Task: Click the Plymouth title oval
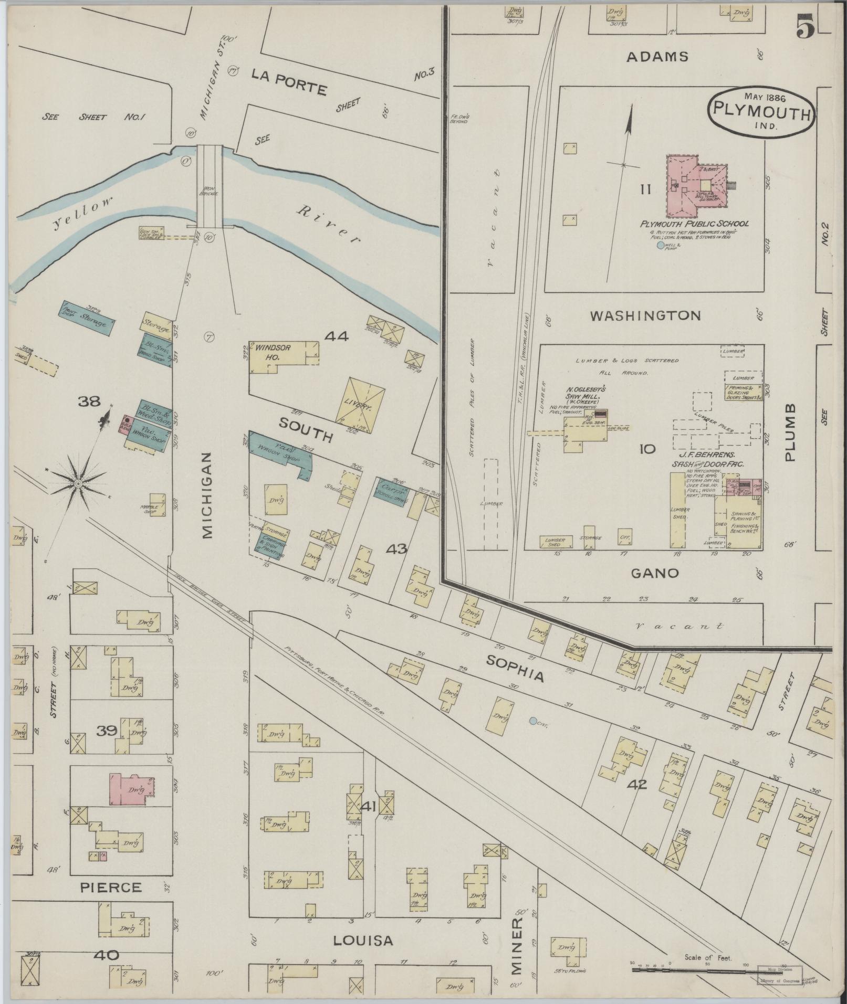(761, 112)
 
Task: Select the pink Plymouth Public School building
(696, 186)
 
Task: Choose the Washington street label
(645, 316)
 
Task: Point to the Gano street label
(654, 573)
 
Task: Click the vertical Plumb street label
(790, 432)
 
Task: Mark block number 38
(89, 402)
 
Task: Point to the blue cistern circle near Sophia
(533, 721)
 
